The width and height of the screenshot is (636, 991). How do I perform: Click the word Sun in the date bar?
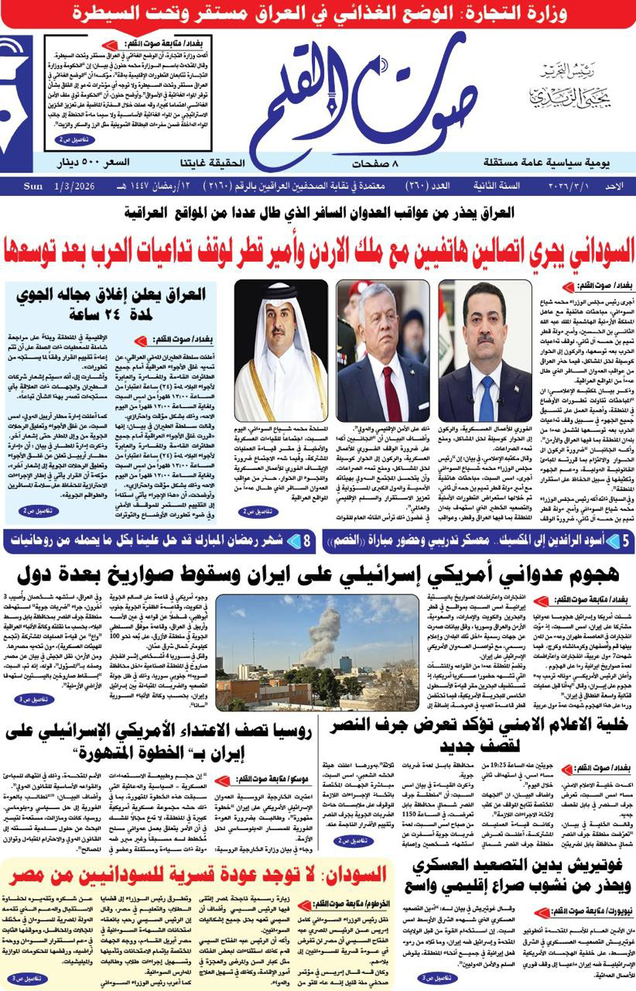pyautogui.click(x=32, y=187)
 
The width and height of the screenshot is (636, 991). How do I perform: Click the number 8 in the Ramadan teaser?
pyautogui.click(x=308, y=542)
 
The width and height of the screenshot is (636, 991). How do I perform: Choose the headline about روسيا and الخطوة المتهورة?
pyautogui.click(x=159, y=740)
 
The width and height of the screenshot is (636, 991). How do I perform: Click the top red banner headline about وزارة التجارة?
pyautogui.click(x=318, y=12)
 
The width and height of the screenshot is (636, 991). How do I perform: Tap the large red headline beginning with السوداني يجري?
pyautogui.click(x=318, y=248)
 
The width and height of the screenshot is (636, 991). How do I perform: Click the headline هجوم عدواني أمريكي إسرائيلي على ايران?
pyautogui.click(x=317, y=575)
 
